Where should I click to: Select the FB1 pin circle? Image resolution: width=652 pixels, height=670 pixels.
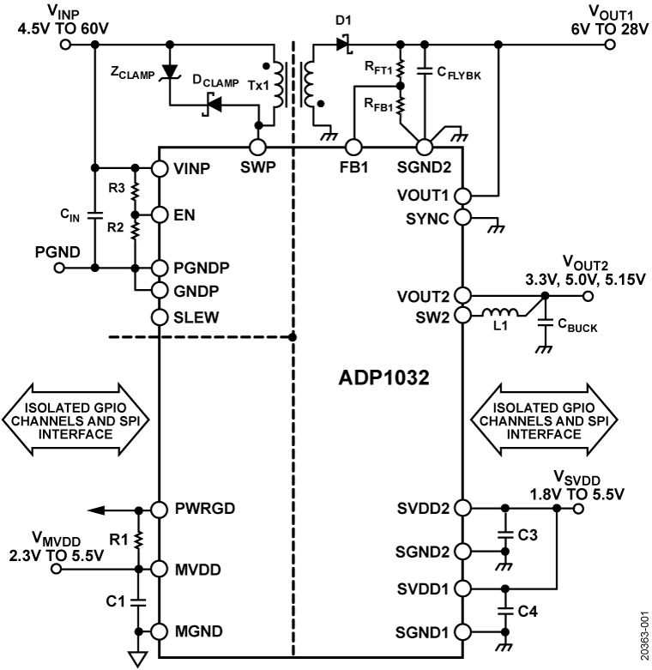353,147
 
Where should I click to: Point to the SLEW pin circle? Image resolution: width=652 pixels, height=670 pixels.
159,317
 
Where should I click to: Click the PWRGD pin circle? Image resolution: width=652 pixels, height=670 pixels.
159,509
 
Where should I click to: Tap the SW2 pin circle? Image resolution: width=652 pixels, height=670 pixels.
463,315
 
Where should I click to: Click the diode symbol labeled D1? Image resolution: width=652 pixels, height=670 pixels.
343,42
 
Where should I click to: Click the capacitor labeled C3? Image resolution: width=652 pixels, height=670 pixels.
504,536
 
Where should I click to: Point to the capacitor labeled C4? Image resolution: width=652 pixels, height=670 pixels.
504,611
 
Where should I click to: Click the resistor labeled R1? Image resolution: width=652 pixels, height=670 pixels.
136,538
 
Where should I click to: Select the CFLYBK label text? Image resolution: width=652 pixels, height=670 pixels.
459,75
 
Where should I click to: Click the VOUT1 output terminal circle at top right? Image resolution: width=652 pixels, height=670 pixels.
609,42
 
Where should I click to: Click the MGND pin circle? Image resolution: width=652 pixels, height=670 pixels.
159,631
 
